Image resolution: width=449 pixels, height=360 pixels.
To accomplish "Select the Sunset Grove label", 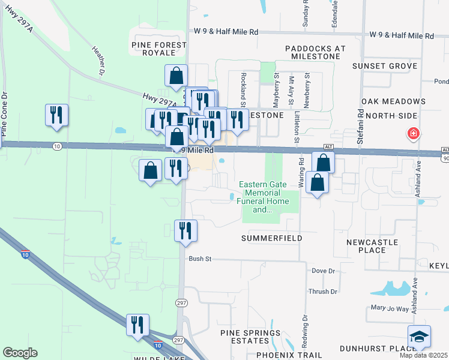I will (385, 65).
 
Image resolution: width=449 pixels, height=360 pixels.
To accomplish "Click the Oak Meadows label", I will (393, 101).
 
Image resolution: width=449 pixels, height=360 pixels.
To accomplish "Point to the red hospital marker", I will (414, 133).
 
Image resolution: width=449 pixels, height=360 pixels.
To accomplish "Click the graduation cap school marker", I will (418, 337).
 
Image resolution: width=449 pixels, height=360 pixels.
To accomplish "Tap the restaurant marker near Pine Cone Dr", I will (56, 115).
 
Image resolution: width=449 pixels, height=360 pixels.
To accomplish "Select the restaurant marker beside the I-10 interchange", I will (137, 325).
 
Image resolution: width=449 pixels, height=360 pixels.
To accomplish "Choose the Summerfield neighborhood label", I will (271, 238).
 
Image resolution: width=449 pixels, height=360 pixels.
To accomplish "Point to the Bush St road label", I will (200, 259).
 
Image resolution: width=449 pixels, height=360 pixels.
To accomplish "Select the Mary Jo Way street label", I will (390, 309).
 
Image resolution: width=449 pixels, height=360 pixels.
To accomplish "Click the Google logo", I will (20, 353).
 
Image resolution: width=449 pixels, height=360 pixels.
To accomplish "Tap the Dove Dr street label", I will (324, 271).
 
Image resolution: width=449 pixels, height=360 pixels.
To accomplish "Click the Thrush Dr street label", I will (322, 292).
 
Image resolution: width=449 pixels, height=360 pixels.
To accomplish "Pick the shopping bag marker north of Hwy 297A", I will (176, 76).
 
